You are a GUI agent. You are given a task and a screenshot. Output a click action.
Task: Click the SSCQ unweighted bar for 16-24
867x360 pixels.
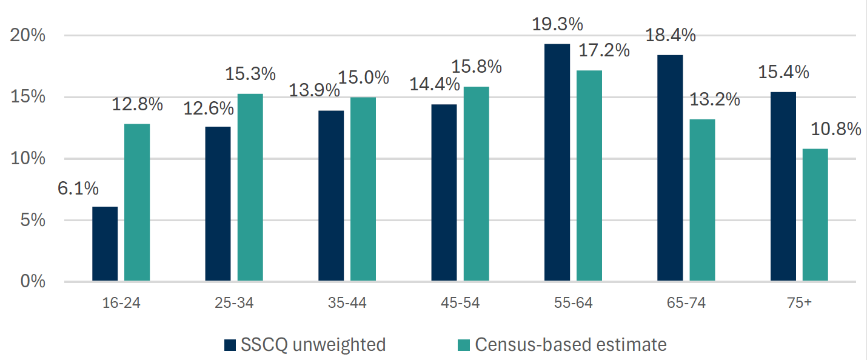pyautogui.click(x=105, y=244)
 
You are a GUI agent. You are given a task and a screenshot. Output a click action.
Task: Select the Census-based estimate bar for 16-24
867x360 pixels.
pyautogui.click(x=137, y=202)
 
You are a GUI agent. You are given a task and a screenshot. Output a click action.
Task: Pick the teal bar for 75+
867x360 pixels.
pyautogui.click(x=815, y=215)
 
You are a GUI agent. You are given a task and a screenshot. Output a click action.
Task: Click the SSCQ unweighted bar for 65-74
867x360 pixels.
pyautogui.click(x=670, y=168)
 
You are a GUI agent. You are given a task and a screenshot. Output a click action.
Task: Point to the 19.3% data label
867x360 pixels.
pyautogui.click(x=557, y=25)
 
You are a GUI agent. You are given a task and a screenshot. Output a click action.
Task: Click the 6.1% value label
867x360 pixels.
pyautogui.click(x=78, y=188)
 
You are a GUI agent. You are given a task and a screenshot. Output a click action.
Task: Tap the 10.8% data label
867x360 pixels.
pyautogui.click(x=837, y=129)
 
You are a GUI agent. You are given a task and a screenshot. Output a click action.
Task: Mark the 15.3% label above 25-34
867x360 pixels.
pyautogui.click(x=250, y=75)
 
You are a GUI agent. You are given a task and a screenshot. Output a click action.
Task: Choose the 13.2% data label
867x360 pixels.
pyautogui.click(x=715, y=99)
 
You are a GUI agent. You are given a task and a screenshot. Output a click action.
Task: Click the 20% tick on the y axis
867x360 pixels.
pyautogui.click(x=28, y=36)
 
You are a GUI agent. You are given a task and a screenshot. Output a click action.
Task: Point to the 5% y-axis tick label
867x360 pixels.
pyautogui.click(x=33, y=221)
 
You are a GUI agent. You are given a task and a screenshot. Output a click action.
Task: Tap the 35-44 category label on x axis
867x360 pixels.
pyautogui.click(x=347, y=303)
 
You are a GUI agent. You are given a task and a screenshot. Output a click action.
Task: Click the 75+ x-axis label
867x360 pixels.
pyautogui.click(x=799, y=303)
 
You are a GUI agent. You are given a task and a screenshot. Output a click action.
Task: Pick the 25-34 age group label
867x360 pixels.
pyautogui.click(x=234, y=303)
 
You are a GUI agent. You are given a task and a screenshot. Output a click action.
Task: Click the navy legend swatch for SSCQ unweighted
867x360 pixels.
pyautogui.click(x=230, y=345)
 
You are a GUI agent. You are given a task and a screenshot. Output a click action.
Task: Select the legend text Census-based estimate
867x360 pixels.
pyautogui.click(x=571, y=345)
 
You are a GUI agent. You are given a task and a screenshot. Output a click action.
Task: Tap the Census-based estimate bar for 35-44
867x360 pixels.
pyautogui.click(x=363, y=188)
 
